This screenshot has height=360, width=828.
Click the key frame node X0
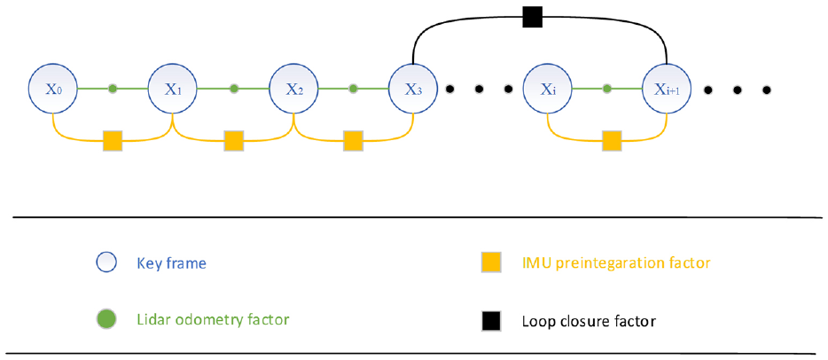[x=53, y=89]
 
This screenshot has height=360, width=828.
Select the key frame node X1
[x=173, y=89]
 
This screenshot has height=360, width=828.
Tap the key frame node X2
[x=294, y=89]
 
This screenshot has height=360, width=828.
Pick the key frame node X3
[x=413, y=89]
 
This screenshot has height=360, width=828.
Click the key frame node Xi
[x=548, y=89]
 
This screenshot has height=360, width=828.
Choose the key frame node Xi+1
[x=667, y=89]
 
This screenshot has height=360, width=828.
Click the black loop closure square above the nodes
[x=533, y=18]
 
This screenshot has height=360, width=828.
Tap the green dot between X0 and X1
[x=113, y=89]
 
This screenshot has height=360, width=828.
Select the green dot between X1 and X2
[x=234, y=89]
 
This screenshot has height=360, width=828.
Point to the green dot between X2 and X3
[x=353, y=89]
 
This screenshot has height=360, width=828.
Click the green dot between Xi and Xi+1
[x=607, y=89]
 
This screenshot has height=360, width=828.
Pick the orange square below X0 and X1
[x=113, y=141]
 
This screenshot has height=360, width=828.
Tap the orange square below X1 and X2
[x=233, y=141]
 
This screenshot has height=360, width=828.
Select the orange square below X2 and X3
[x=353, y=141]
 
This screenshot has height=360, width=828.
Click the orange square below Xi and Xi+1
[x=612, y=141]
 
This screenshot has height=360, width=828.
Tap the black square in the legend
[x=491, y=321]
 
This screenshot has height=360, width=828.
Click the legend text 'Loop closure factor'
[x=589, y=320]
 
